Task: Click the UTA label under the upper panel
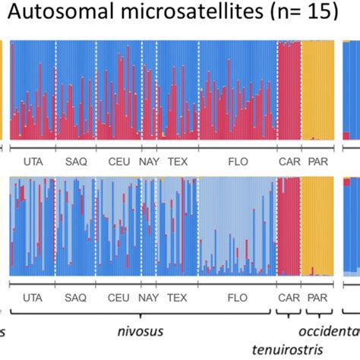pos(33,161)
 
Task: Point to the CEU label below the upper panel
pos(118,161)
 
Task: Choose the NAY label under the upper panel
pos(148,161)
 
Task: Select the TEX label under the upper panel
pos(177,161)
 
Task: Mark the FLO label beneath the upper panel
pos(237,161)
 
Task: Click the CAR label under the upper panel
pos(289,161)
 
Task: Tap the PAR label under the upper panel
pos(317,161)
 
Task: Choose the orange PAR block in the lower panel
pos(317,228)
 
